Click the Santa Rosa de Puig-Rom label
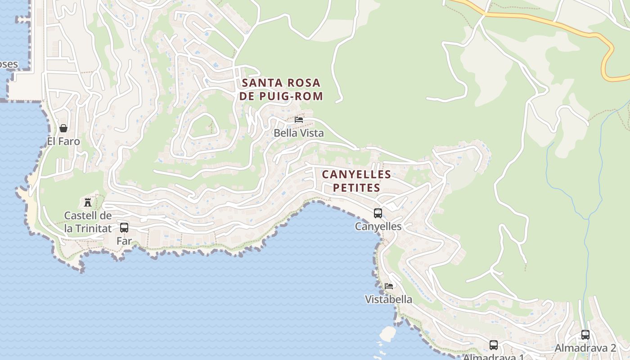[x=281, y=89]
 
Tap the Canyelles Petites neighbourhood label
[x=356, y=181]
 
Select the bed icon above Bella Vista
[x=299, y=120]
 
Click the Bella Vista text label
[x=299, y=133]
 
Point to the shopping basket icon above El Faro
[x=63, y=128]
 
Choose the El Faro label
[x=63, y=141]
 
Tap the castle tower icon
[x=88, y=202]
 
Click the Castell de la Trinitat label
[x=88, y=222]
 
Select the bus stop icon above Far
[x=124, y=228]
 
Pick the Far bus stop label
[x=124, y=241]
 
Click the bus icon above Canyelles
[x=378, y=213]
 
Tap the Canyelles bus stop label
[x=378, y=226]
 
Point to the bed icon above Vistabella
[x=389, y=286]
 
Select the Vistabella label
[x=388, y=299]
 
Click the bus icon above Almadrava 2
[x=585, y=335]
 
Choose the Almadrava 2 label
[x=585, y=348]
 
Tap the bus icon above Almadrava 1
[x=494, y=345]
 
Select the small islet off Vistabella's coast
[x=387, y=333]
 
